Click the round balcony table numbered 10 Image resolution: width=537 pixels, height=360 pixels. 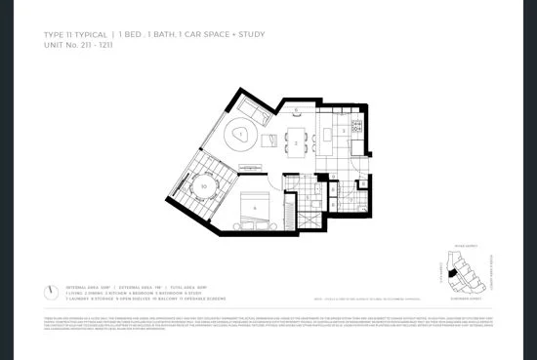[203, 185]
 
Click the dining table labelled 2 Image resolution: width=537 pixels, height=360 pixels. [297, 142]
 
